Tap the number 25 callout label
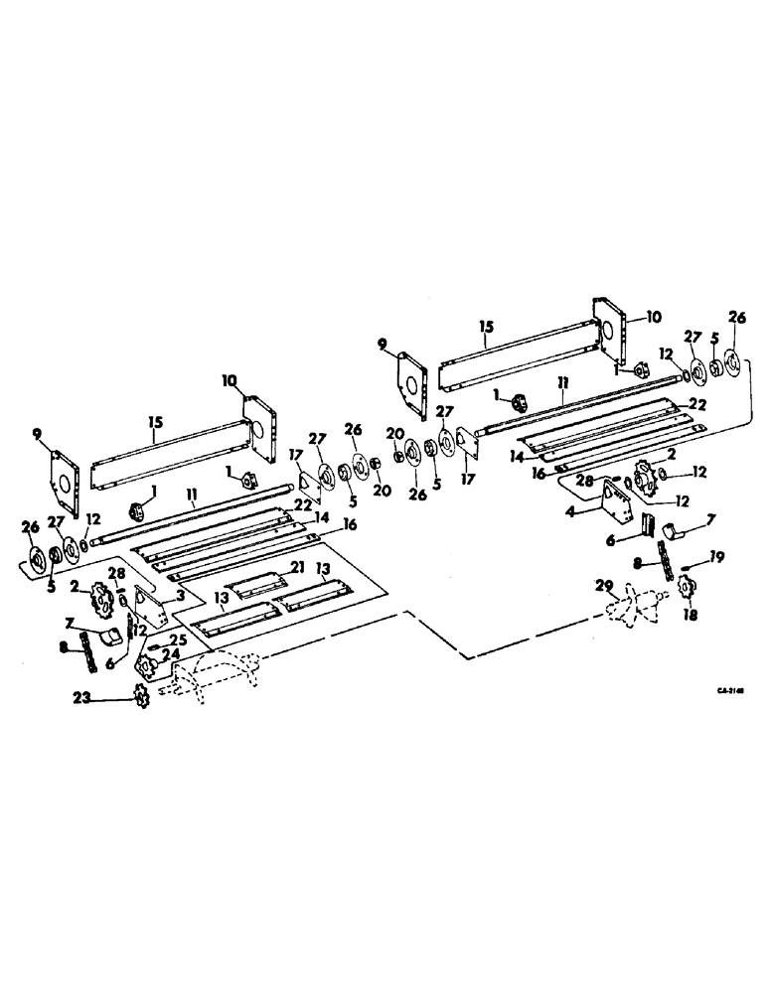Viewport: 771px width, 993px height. point(180,638)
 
